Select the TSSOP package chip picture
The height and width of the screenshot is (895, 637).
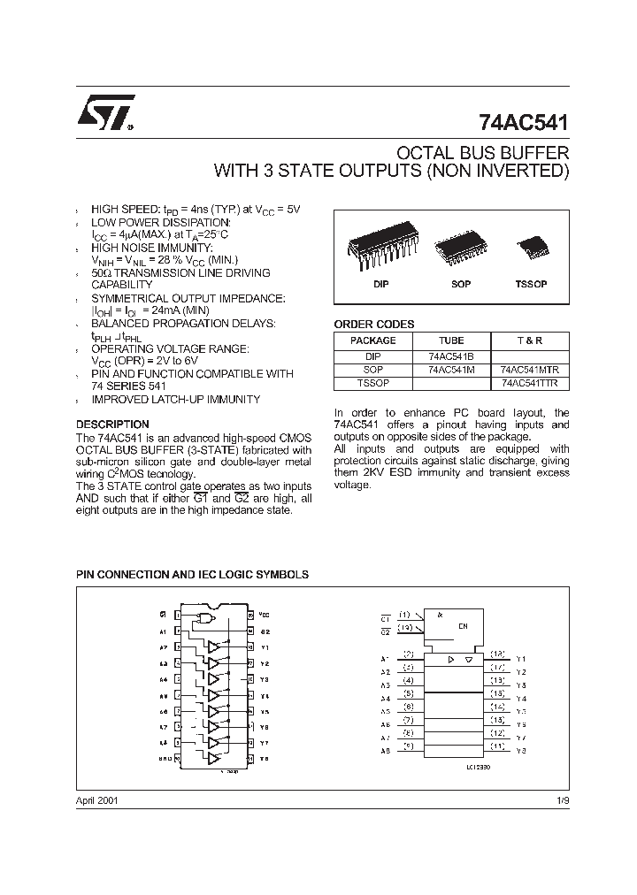coord(531,246)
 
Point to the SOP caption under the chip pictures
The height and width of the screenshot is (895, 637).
coord(460,285)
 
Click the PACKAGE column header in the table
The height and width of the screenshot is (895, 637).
coord(372,340)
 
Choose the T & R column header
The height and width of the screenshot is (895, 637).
coord(530,340)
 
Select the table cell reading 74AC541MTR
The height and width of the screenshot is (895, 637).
coord(530,370)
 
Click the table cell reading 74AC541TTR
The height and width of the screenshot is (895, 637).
coord(530,384)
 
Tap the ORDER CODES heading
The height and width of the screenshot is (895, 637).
coord(373,325)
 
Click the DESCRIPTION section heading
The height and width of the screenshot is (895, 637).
coord(112,425)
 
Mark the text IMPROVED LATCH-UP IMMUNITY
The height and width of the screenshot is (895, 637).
coord(175,400)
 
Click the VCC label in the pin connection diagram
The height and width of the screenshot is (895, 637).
coord(265,614)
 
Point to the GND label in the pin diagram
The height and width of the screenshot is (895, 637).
coord(165,759)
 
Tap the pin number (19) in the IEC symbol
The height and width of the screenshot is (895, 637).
coord(404,627)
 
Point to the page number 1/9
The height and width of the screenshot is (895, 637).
coord(562,799)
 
